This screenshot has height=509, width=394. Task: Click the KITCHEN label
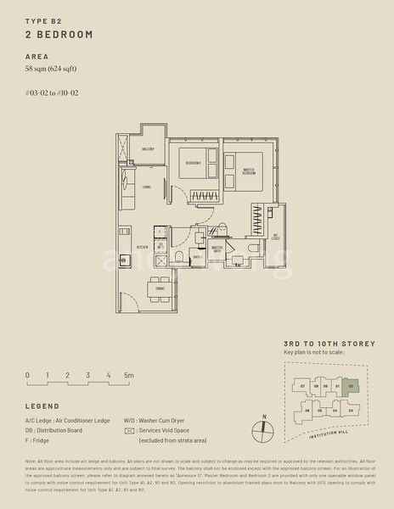click(142, 248)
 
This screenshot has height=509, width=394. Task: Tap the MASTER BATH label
click(217, 249)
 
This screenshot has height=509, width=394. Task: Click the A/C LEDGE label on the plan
click(274, 238)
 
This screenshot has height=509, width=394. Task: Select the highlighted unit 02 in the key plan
click(351, 386)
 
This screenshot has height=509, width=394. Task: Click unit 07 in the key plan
click(302, 387)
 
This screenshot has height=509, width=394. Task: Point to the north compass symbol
click(265, 428)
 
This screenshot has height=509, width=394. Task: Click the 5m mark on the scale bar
click(128, 374)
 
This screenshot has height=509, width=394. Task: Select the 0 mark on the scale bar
click(27, 374)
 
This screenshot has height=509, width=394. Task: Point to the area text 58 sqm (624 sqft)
click(57, 69)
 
